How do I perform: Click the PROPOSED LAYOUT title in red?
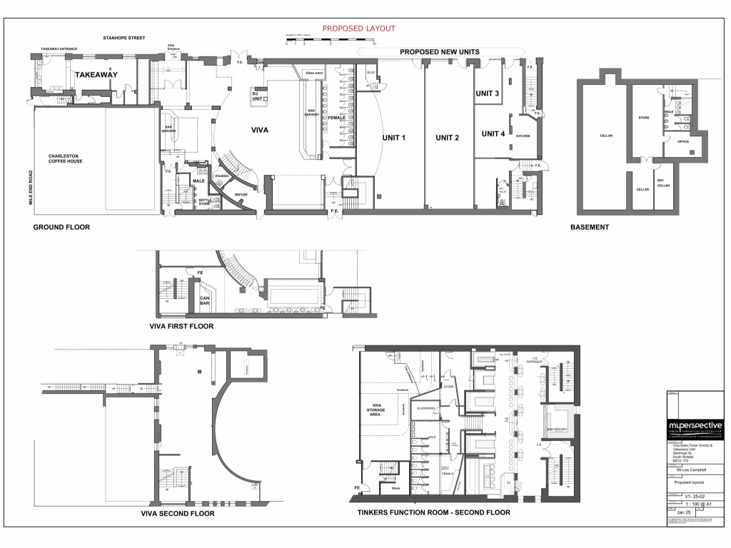pos(358,29)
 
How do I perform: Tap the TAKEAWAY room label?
pos(96,74)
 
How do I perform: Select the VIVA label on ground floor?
pos(259,131)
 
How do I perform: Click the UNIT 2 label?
pos(448,138)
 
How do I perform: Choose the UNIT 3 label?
pos(487,93)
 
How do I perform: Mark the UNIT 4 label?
pos(493,133)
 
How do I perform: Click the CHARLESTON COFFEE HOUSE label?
pos(66,158)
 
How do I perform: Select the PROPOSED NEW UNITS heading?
pos(439,52)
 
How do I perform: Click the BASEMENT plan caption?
pos(589,228)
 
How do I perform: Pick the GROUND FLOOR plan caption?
pos(61,228)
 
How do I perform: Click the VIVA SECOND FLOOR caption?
pos(178,513)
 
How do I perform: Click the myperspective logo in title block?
pos(695,427)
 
